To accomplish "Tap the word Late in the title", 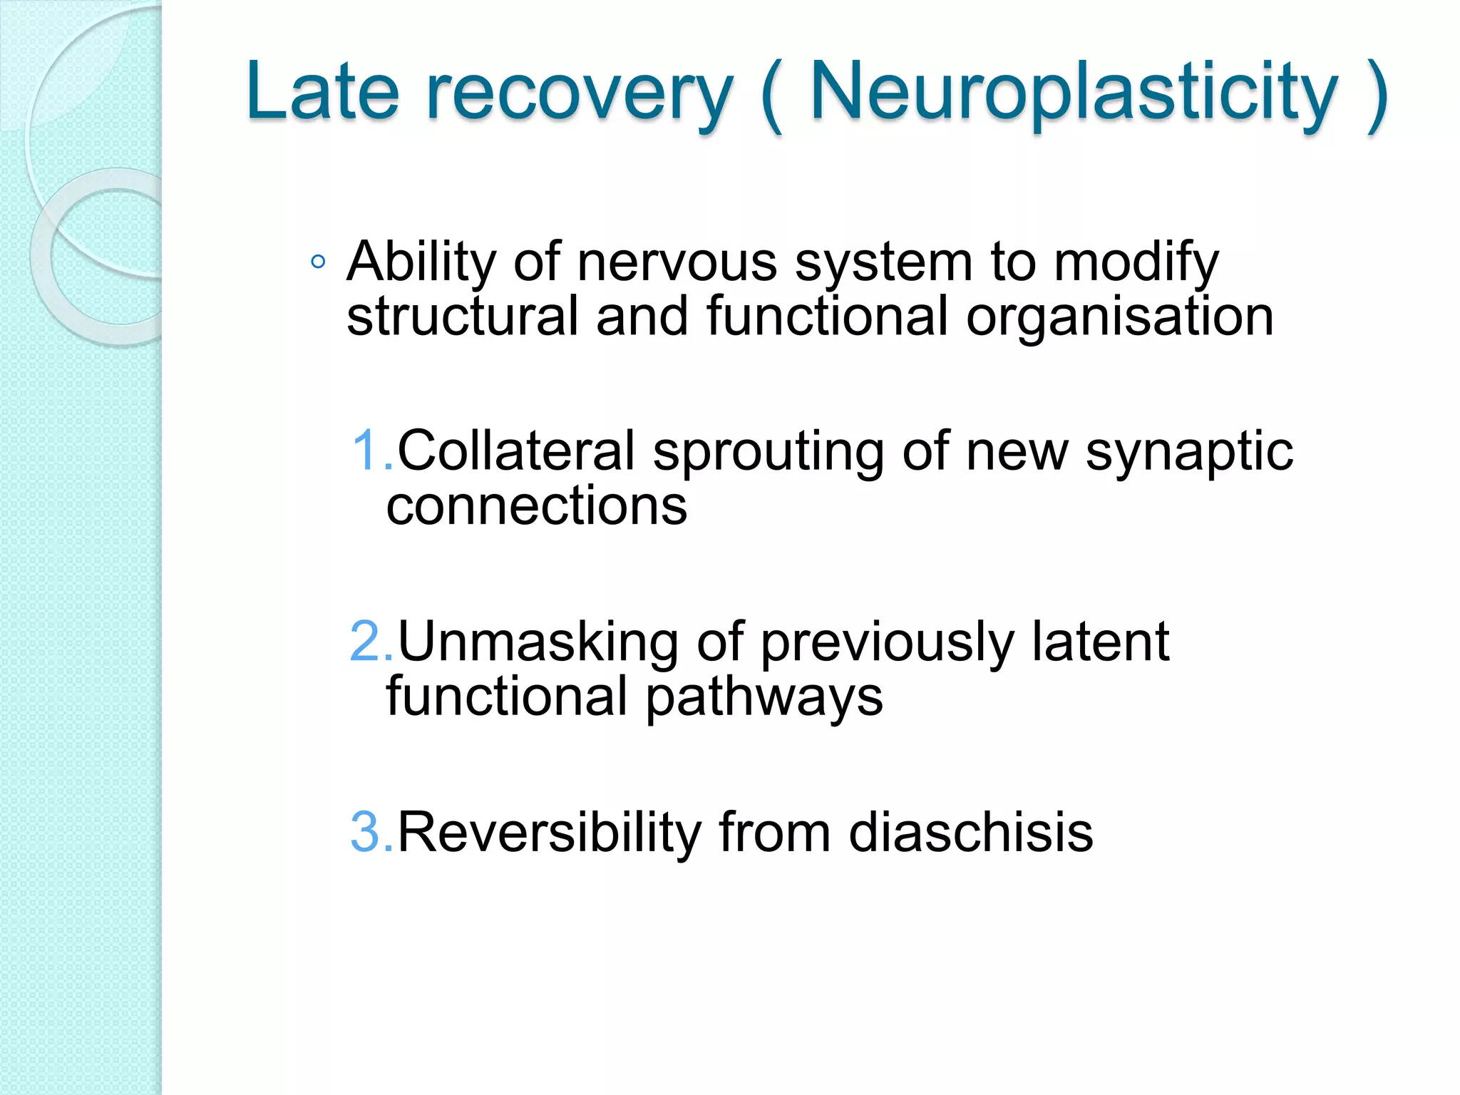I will point(322,93).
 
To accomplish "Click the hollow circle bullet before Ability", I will point(318,262).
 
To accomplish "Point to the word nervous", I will point(677,262).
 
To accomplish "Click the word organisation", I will point(1119,318).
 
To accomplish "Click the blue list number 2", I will point(367,642).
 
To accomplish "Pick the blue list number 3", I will point(367,832).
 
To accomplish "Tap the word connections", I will point(537,506).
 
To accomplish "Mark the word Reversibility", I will point(549,833).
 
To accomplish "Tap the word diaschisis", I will point(970,832).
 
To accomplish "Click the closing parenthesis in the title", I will point(1376,94).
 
